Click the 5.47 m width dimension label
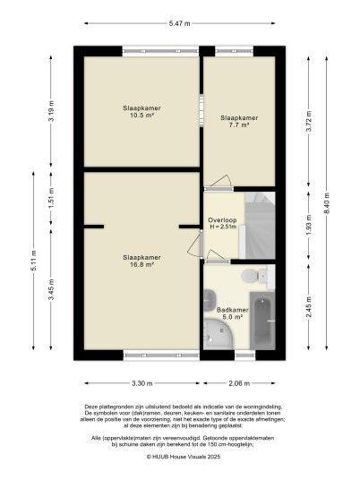(180, 23)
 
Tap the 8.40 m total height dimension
(327, 203)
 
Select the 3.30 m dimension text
(142, 383)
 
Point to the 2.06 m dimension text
(239, 383)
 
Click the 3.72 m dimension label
(309, 121)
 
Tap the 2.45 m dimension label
(309, 307)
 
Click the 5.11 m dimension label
(33, 261)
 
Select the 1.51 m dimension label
(51, 198)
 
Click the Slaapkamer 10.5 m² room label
(141, 112)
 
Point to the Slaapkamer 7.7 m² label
(239, 121)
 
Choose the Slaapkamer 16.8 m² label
(141, 261)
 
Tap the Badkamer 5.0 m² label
(232, 313)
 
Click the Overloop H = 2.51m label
(223, 224)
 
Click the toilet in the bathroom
(254, 276)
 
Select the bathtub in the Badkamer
(262, 321)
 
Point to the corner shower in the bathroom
(219, 334)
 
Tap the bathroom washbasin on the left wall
(210, 299)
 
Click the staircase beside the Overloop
(260, 226)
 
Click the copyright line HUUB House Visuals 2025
(184, 457)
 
